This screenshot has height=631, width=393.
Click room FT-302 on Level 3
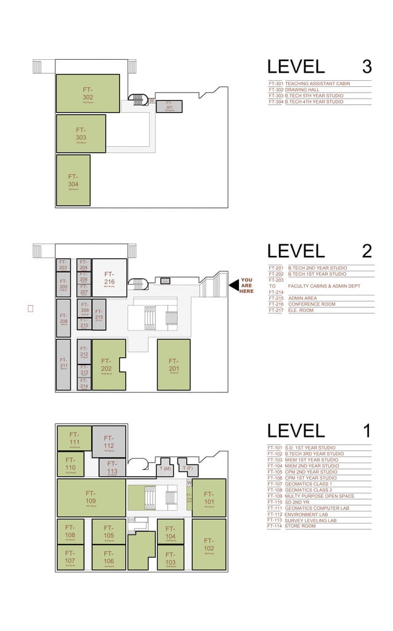[x=87, y=94]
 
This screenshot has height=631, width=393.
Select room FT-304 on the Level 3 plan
[x=73, y=180]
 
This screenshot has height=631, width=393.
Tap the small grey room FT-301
[x=169, y=106]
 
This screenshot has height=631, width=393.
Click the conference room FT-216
[x=109, y=278]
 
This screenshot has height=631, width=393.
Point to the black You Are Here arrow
[x=233, y=285]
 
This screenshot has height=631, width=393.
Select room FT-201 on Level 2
[x=173, y=365]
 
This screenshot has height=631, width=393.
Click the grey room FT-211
[x=63, y=364]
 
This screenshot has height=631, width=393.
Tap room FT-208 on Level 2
[x=63, y=318]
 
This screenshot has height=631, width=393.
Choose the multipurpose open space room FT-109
[x=91, y=497]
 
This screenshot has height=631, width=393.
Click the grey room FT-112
[x=109, y=442]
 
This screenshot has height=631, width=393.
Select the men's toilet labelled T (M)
[x=164, y=468]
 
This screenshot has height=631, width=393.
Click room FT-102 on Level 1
[x=209, y=545]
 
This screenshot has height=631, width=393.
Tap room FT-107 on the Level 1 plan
[x=70, y=557]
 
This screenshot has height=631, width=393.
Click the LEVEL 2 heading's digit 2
[x=367, y=251]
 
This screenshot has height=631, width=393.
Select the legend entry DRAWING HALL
[x=302, y=89]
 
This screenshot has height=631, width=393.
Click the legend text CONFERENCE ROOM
[x=312, y=304]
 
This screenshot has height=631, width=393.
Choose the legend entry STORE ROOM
[x=300, y=526]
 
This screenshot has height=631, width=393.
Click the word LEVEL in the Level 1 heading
[x=296, y=431]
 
